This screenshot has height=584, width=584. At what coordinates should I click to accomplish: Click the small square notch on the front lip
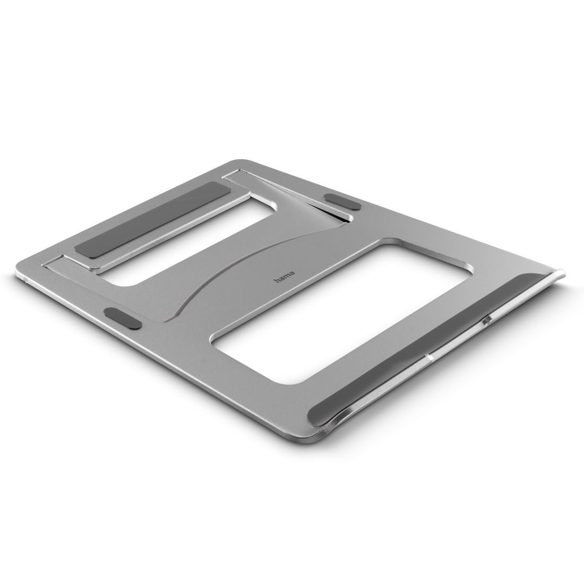487,321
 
